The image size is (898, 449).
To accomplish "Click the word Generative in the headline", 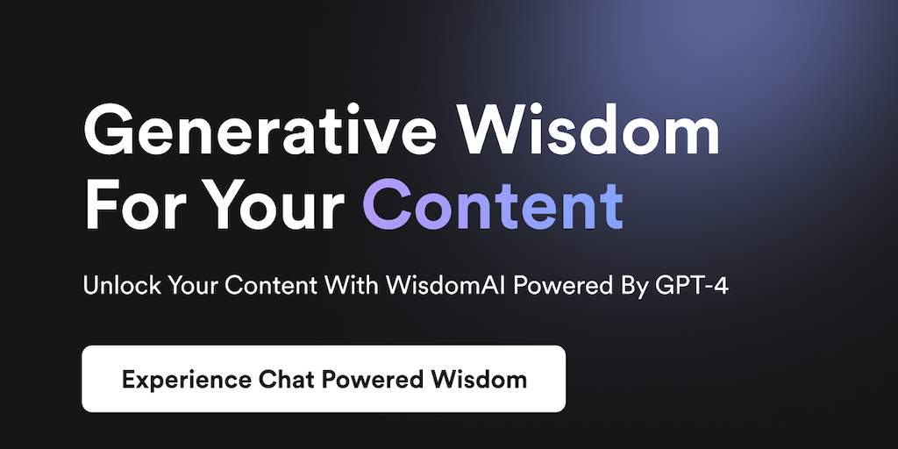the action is coord(260,130).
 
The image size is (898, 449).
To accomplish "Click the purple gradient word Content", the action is coord(493,205).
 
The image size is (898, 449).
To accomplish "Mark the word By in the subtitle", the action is coord(637,285).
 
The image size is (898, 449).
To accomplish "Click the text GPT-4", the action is coord(691,285).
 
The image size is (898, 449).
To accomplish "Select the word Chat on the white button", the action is coord(286,379).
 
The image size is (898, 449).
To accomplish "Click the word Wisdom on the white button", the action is coord(479,379).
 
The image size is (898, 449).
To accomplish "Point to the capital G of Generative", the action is coord(109,130).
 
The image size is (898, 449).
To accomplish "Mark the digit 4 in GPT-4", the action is coord(720,285).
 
